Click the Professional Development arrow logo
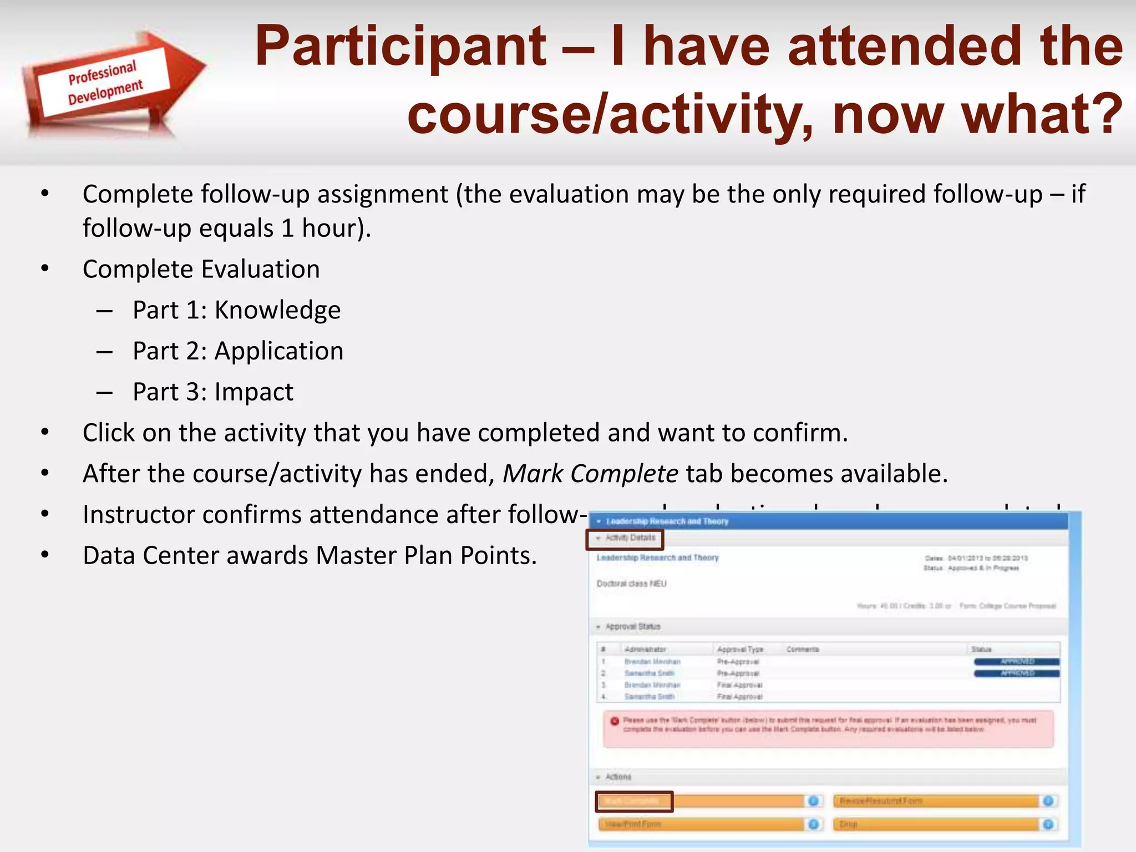coord(111,83)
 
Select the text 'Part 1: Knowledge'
coord(236,310)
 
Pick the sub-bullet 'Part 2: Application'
coord(238,351)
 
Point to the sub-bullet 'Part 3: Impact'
coord(213,392)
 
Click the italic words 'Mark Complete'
coord(590,474)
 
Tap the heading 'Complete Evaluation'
coord(201,270)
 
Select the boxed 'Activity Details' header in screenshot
coord(625,539)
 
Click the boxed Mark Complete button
coord(634,801)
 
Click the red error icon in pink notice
coord(615,721)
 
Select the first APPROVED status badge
coord(1016,662)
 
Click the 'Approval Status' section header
coord(632,627)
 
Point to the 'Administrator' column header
coord(645,649)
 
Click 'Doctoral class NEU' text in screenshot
coord(631,584)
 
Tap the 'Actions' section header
coord(618,777)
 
